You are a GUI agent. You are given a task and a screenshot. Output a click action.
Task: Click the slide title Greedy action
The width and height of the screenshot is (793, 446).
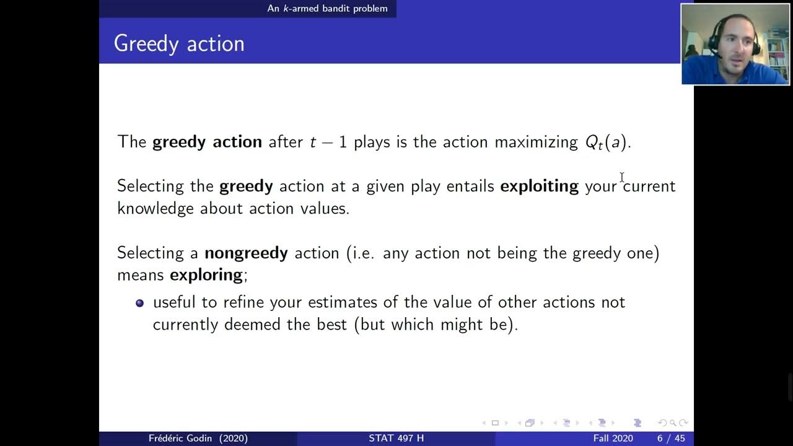tap(179, 43)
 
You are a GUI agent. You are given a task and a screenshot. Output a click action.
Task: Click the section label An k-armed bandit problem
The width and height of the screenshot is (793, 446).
tap(327, 8)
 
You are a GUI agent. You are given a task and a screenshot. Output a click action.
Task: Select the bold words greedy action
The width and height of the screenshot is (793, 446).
tap(207, 142)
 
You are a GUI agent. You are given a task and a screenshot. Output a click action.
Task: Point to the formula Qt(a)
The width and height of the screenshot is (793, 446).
tap(607, 142)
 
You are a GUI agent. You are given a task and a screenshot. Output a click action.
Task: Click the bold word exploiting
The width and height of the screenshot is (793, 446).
tap(539, 186)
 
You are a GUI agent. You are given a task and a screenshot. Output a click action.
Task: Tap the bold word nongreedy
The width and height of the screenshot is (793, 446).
tap(246, 253)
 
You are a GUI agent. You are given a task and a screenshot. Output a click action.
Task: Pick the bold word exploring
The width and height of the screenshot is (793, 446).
tap(206, 274)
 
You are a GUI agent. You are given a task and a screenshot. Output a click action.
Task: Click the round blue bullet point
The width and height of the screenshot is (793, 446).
tap(139, 303)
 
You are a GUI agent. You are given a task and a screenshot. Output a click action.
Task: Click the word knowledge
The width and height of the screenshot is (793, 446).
tap(156, 208)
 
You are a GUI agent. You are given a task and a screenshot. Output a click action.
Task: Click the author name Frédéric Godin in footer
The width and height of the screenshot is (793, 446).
tap(198, 438)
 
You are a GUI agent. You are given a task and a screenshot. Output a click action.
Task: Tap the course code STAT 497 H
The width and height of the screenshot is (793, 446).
tap(396, 438)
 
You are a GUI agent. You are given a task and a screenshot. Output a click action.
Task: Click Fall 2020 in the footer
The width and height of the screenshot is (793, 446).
tap(613, 438)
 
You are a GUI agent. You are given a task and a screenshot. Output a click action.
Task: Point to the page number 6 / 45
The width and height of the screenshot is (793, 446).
tap(671, 438)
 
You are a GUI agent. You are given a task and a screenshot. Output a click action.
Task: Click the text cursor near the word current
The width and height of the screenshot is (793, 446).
tap(621, 178)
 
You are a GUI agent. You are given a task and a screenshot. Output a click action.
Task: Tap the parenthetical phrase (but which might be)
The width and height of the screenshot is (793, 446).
tap(436, 325)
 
